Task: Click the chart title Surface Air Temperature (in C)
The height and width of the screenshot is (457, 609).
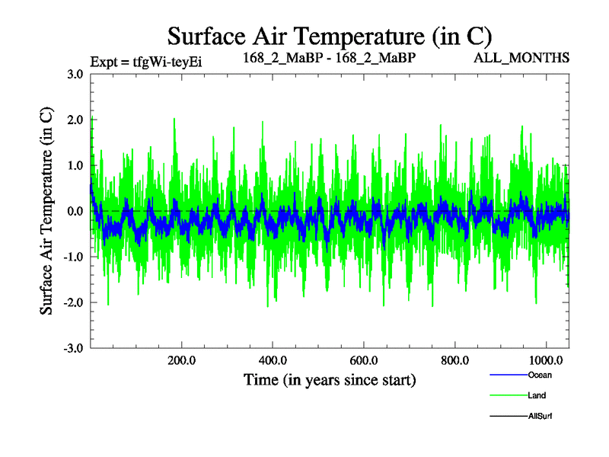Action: point(330,37)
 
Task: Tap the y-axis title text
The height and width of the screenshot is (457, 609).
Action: point(46,211)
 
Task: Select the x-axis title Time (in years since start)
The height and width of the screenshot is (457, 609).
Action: point(330,379)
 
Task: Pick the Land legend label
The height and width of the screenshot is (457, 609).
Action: point(537,395)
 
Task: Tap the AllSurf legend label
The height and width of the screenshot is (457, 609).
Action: point(540,416)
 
